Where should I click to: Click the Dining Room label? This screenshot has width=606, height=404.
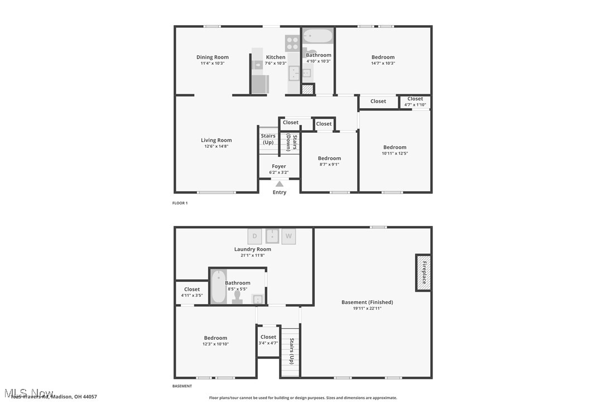(212, 57)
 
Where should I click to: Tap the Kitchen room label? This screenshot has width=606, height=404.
(276, 57)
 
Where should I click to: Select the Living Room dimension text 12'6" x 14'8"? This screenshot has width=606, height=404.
(216, 146)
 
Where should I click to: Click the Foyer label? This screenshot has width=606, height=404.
(279, 166)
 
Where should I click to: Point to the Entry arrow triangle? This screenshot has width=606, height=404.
(279, 184)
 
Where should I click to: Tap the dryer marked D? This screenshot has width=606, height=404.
(254, 236)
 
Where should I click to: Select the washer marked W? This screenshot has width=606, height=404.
(288, 236)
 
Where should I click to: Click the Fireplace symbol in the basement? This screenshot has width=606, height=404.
(423, 272)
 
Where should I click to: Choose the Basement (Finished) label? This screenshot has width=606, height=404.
(367, 302)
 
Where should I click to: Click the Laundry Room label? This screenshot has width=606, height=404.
(252, 249)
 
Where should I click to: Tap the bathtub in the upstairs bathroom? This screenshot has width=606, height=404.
(318, 37)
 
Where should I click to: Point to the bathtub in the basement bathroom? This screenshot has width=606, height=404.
(218, 286)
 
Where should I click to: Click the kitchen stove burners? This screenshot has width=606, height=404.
(292, 43)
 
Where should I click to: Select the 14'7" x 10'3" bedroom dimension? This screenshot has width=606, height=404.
(383, 63)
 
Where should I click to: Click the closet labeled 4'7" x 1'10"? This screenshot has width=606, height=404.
(415, 102)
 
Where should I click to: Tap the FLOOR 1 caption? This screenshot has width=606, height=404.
(180, 203)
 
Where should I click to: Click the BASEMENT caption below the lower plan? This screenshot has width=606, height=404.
(182, 386)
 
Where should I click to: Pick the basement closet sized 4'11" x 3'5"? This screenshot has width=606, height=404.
(192, 292)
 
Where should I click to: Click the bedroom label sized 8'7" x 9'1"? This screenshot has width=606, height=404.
(329, 158)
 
